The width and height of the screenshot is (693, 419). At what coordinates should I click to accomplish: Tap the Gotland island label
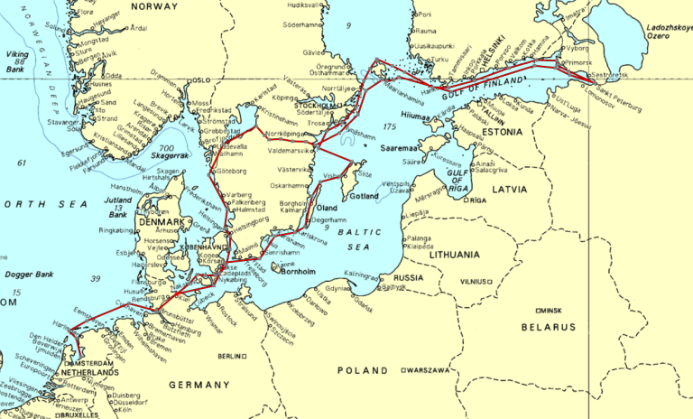point(364,196)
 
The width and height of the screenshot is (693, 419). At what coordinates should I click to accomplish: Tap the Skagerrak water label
point(168,155)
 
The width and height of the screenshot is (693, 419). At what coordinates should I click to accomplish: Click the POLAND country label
point(362,370)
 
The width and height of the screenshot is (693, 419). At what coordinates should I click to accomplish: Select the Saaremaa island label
point(402,146)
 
